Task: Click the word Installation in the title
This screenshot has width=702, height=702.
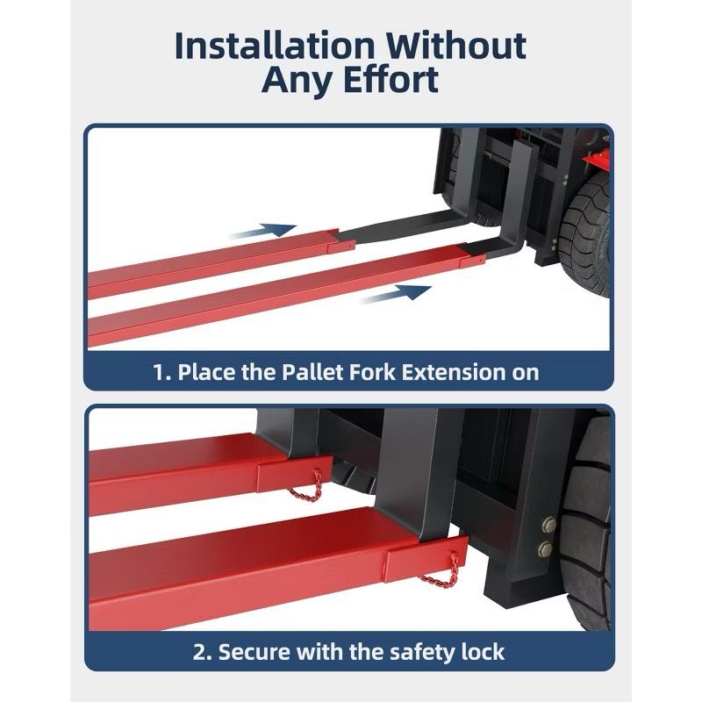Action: tap(275, 47)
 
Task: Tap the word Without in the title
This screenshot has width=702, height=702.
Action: tap(455, 47)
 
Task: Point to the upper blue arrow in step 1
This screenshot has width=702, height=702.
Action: tap(263, 230)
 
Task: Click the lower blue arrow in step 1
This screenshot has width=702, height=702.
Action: tap(398, 293)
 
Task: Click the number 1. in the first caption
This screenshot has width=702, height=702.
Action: tap(162, 372)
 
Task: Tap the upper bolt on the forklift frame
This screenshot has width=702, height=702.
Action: tap(548, 524)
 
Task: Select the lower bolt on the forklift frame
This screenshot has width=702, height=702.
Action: tap(546, 548)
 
